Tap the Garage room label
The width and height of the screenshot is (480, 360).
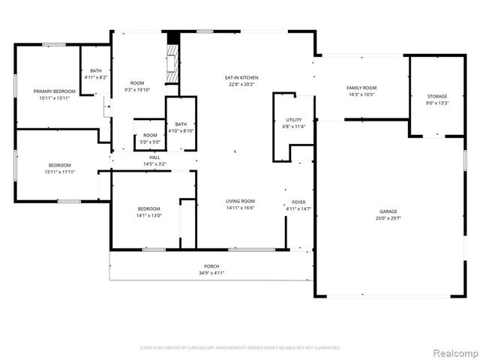388,211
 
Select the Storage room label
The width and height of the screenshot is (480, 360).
437,97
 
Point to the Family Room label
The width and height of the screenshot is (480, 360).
361,88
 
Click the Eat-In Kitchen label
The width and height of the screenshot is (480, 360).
241,77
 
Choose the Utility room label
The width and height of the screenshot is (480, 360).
293,120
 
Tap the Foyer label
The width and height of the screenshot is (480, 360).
298,202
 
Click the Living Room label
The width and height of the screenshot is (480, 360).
241,201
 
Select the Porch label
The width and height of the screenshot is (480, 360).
211,266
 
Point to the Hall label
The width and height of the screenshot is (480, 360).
154,157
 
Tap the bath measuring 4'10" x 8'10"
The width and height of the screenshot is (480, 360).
181,127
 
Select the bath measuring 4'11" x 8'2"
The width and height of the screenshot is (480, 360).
96,73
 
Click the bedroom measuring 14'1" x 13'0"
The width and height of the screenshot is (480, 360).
148,211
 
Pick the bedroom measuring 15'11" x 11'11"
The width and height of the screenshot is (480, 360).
60,168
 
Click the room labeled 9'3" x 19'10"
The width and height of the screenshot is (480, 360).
136,86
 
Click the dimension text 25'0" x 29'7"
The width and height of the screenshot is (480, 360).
388,218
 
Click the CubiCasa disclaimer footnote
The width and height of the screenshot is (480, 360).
240,348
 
